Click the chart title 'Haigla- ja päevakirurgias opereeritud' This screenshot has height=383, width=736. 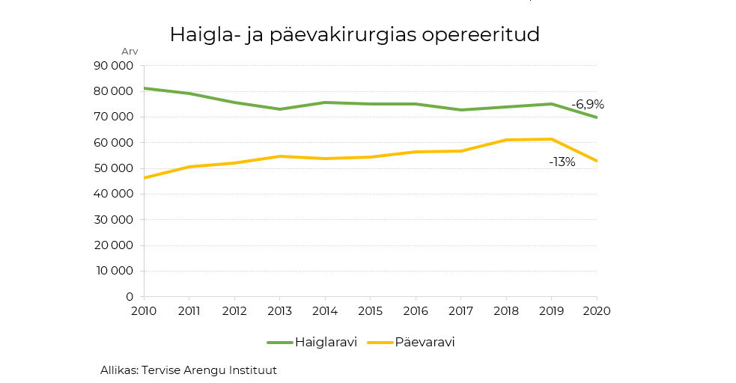click(x=354, y=34)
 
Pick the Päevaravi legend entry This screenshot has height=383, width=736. click(x=425, y=342)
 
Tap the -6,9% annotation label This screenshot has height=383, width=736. click(x=587, y=105)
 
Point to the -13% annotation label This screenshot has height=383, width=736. click(x=562, y=162)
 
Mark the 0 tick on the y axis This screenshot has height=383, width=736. click(x=130, y=297)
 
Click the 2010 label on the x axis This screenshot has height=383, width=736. click(x=144, y=310)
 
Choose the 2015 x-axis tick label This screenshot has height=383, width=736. click(x=371, y=310)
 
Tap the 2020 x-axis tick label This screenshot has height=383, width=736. click(x=597, y=310)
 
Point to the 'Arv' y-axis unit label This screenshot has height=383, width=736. click(x=130, y=51)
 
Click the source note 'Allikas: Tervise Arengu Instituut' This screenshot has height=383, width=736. click(x=189, y=370)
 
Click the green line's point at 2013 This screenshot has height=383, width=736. click(x=280, y=109)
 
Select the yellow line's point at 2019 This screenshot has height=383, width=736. click(x=552, y=139)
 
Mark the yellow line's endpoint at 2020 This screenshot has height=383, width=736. click(x=596, y=161)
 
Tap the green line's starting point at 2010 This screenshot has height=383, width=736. click(x=145, y=88)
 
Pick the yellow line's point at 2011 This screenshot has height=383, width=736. click(x=189, y=167)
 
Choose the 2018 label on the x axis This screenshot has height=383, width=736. click(x=506, y=310)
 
